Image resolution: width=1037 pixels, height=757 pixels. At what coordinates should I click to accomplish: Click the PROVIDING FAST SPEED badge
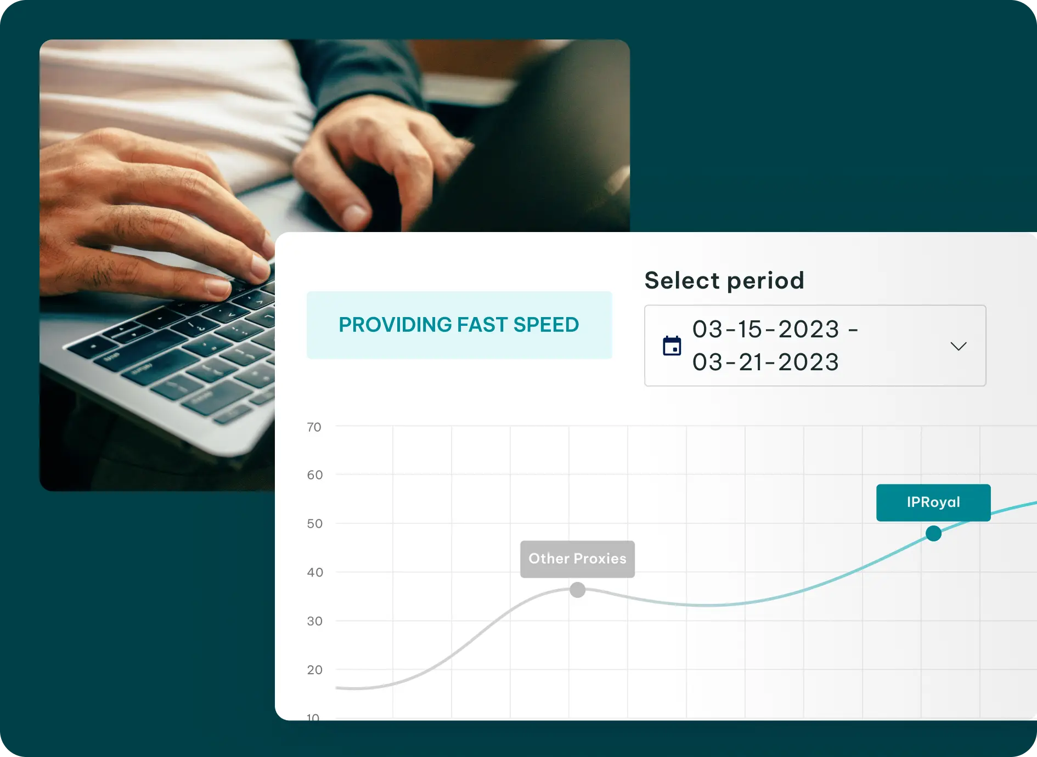459,325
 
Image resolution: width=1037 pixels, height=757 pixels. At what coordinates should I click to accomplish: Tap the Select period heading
724,280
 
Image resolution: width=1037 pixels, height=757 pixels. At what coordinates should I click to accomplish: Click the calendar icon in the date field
672,346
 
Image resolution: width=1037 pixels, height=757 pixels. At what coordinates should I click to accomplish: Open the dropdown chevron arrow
958,346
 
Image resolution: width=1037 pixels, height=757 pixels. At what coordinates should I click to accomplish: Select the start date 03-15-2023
766,329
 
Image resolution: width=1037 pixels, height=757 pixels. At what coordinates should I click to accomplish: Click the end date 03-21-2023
766,362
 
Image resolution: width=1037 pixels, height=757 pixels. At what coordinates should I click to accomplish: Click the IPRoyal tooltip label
933,502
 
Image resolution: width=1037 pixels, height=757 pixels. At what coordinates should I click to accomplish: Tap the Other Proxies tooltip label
577,559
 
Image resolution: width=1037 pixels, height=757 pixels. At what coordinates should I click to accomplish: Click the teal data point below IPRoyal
933,533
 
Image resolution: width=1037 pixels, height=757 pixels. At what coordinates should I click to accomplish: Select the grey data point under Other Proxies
577,590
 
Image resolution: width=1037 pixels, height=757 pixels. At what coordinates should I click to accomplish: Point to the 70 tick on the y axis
314,427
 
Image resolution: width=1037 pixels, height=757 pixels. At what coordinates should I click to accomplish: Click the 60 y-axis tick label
314,475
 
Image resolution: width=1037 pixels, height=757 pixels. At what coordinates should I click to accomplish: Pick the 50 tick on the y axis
314,524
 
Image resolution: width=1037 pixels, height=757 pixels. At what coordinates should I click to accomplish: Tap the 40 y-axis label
315,573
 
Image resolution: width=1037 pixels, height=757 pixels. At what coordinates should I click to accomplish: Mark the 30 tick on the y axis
314,622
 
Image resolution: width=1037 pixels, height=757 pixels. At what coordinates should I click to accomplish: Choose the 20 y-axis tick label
314,670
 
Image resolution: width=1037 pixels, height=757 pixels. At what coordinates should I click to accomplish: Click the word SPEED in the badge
546,325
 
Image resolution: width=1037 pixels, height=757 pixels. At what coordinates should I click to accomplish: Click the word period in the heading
765,281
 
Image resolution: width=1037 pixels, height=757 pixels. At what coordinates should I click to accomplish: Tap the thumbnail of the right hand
356,215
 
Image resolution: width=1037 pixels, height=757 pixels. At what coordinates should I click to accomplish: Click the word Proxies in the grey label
600,559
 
